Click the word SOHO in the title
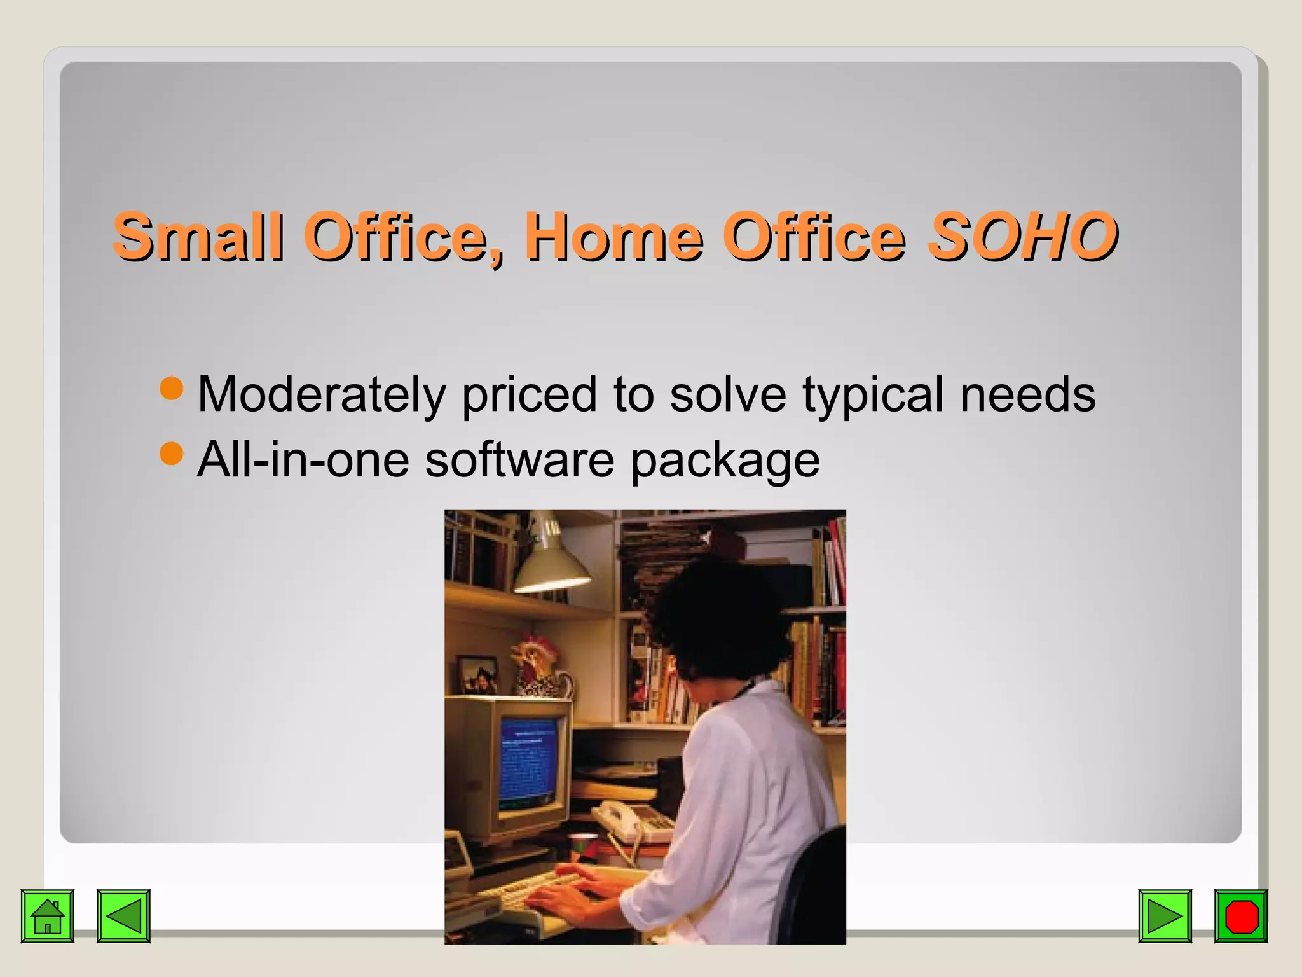pos(1022,237)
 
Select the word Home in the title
pos(613,237)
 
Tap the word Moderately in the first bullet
pos(322,394)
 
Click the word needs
pos(1027,394)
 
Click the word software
pos(519,459)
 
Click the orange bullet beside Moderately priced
pos(171,387)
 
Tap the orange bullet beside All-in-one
pos(171,454)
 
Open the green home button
pos(48,916)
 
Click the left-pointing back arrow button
pos(123,916)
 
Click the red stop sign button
pos(1241,916)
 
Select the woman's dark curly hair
pos(718,617)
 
